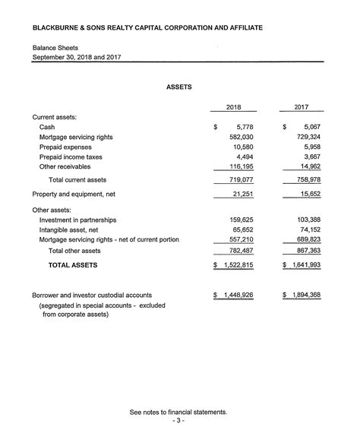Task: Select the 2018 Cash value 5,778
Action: pyautogui.click(x=243, y=127)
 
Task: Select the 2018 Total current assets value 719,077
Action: pyautogui.click(x=239, y=180)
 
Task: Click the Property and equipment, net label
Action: pyautogui.click(x=74, y=195)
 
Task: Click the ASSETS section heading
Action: pyautogui.click(x=179, y=87)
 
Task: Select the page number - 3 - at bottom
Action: pyautogui.click(x=178, y=422)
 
